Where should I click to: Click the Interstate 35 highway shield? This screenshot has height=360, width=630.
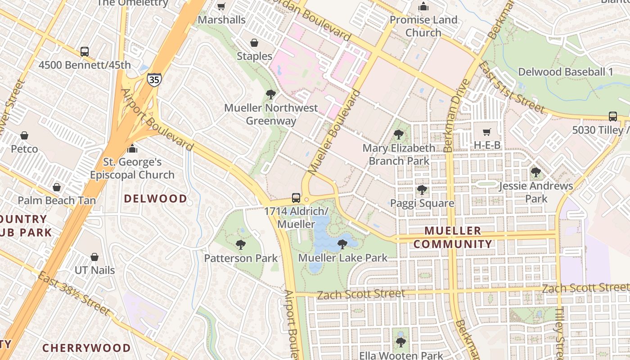[153, 80]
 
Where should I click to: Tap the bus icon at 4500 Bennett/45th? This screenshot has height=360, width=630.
[85, 52]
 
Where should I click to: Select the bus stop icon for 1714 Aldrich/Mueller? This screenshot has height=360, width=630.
[296, 198]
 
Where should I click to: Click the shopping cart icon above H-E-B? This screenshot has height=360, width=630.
[486, 132]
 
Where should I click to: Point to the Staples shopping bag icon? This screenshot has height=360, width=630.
[254, 43]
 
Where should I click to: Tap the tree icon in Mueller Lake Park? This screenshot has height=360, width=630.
[342, 244]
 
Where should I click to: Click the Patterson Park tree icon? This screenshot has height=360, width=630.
[241, 245]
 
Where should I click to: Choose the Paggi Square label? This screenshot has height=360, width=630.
[422, 203]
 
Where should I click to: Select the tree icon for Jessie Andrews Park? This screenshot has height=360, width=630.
[535, 172]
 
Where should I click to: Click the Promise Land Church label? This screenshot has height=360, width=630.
[423, 26]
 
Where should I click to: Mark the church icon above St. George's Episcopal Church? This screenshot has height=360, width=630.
[132, 148]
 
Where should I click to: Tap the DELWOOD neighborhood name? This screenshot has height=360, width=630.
[155, 198]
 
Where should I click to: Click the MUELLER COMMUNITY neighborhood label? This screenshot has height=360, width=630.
[453, 238]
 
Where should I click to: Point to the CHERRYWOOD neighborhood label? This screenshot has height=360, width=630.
[86, 348]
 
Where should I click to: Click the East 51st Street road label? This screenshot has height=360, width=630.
[511, 87]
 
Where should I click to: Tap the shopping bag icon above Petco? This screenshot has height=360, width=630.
[24, 135]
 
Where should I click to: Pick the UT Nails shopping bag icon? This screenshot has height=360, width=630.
[94, 257]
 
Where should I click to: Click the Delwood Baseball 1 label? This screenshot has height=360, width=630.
[566, 72]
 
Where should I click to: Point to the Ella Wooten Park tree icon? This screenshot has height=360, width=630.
[400, 342]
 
